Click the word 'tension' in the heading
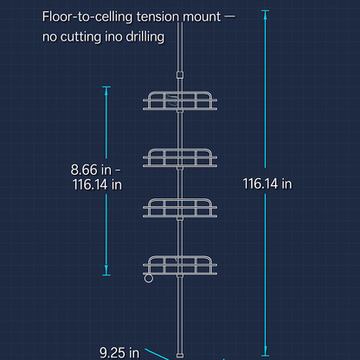[157, 16]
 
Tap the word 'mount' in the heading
[202, 16]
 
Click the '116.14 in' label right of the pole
[267, 183]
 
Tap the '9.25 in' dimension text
[119, 352]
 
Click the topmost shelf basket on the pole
[180, 101]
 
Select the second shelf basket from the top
[180, 157]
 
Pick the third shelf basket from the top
[180, 208]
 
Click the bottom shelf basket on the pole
[180, 265]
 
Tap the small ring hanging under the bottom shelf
[149, 279]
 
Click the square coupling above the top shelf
[180, 75]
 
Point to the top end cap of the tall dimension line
[265, 11]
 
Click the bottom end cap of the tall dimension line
[265, 356]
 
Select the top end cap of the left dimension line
[106, 87]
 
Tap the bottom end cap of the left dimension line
[106, 275]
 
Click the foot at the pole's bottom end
[180, 355]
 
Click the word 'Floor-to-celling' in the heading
[87, 16]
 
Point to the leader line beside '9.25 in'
[157, 354]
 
